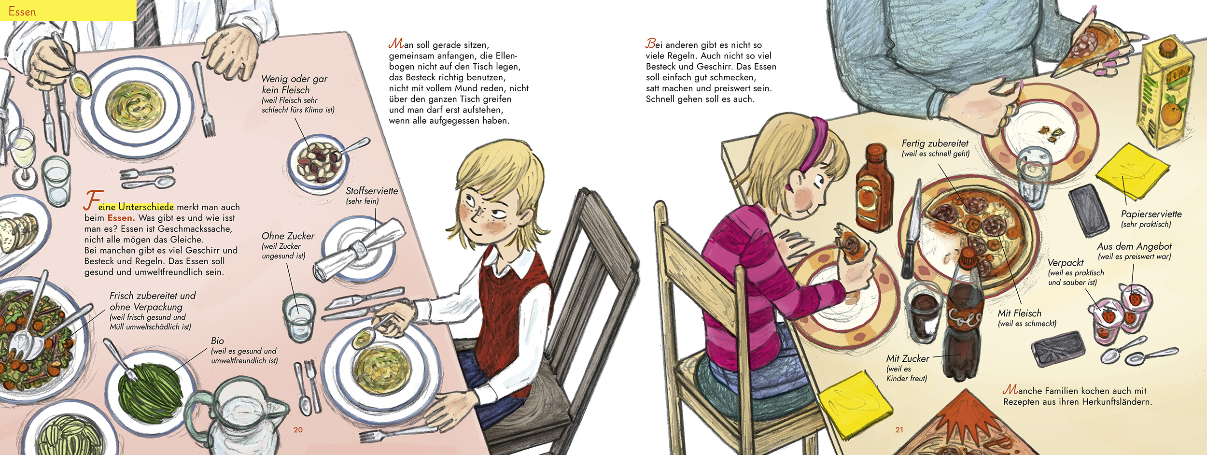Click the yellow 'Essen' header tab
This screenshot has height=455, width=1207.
click(68, 10)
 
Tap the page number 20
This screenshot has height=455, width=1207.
click(298, 430)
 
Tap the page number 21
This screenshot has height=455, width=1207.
click(899, 430)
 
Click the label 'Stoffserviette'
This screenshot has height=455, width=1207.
click(372, 191)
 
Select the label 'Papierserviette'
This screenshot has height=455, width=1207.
click(1151, 214)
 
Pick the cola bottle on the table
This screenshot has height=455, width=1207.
click(966, 314)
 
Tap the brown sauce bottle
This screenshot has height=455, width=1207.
click(874, 188)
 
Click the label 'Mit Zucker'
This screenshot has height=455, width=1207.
click(907, 359)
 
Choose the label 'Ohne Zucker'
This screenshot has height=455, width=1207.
click(288, 236)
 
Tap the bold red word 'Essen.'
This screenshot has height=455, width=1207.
click(121, 218)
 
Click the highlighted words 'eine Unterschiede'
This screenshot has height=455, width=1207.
click(136, 207)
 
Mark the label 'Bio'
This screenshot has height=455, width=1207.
click(217, 341)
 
